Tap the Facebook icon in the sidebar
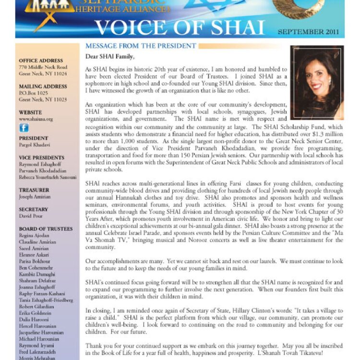[x=24, y=128]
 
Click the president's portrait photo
[x=317, y=83]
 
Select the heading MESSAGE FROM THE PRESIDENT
[x=141, y=47]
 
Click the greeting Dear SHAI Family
[x=109, y=56]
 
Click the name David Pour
[x=30, y=216]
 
